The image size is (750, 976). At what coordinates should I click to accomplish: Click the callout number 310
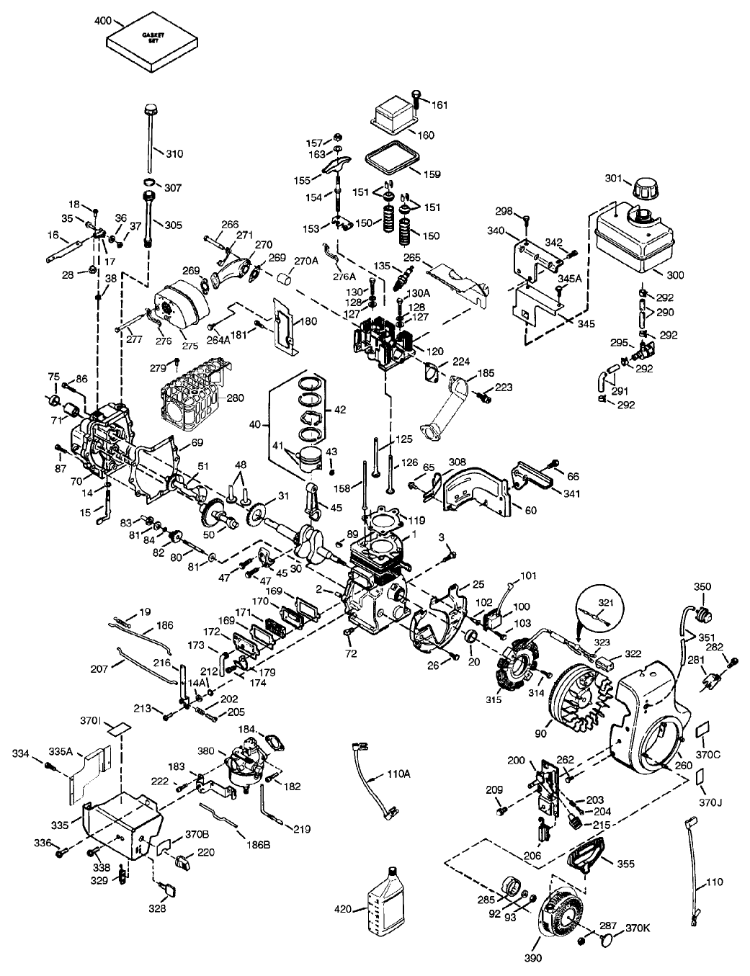click(174, 154)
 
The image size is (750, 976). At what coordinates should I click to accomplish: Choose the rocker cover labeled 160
click(392, 117)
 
